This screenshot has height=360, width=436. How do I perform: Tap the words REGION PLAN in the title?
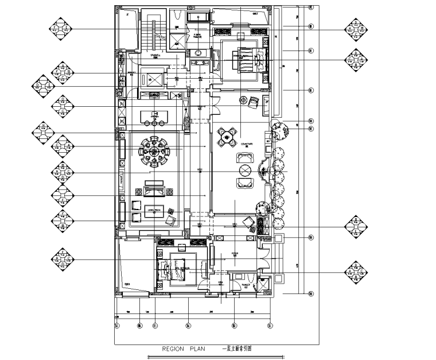(182, 348)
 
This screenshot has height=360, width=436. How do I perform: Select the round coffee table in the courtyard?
(246, 171)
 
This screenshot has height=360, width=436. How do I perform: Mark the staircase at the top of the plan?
(153, 34)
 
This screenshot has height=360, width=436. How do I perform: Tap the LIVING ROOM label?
(154, 210)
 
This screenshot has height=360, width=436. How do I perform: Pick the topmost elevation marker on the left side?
(60, 29)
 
